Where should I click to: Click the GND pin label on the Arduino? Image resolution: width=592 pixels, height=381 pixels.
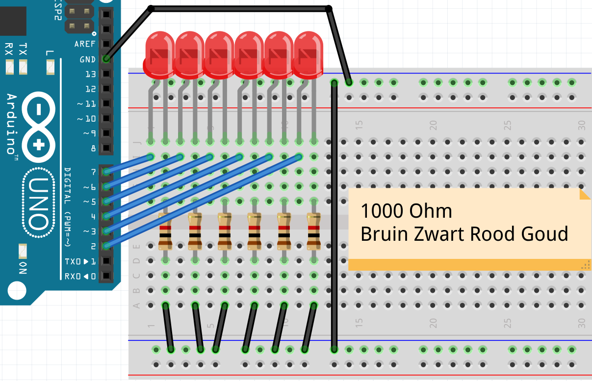point(88,59)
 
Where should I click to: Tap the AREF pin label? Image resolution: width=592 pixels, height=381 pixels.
point(85,44)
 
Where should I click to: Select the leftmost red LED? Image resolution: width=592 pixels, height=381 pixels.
point(159,54)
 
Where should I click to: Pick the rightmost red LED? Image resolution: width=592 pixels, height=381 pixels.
point(309,54)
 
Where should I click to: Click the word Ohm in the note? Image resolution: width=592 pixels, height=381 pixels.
point(430,211)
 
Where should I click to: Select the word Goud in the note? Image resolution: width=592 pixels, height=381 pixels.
point(545,234)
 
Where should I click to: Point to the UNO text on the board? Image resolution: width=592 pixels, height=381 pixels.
point(37,203)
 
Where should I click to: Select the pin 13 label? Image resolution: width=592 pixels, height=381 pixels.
point(90,75)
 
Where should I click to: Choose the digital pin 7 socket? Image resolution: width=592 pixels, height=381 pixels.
point(105,172)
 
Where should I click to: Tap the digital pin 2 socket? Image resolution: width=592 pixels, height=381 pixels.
point(105,246)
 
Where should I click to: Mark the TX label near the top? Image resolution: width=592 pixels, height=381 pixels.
point(23,49)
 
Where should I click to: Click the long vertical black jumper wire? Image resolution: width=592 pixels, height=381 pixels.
point(334,216)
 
